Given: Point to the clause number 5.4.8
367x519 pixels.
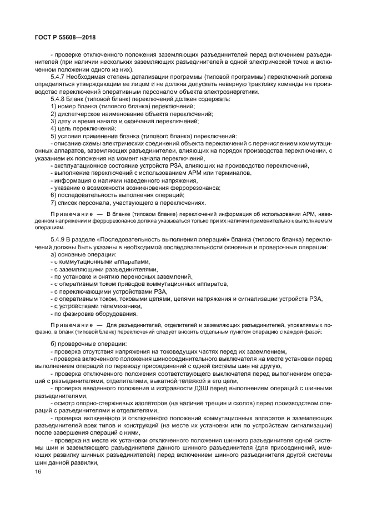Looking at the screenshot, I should coord(58,98).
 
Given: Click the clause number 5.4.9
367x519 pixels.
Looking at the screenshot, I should coord(58,239).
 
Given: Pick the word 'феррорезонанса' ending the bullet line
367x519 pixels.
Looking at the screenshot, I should coord(192,188).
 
